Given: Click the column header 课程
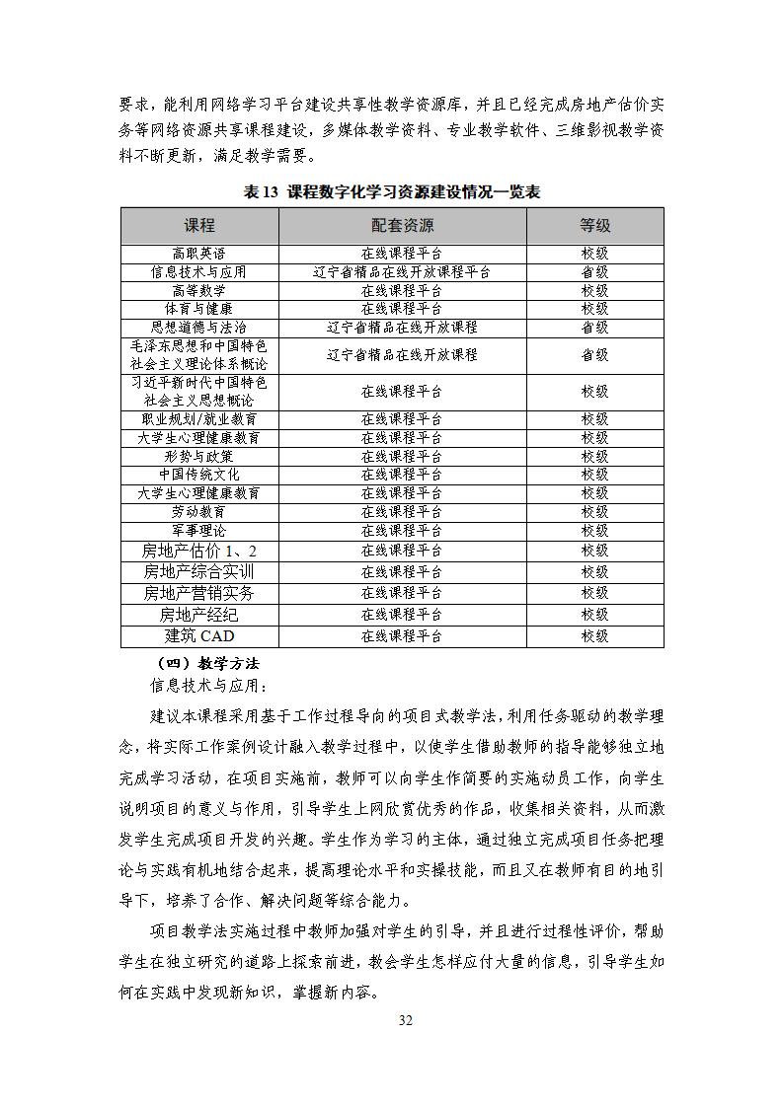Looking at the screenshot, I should [198, 226].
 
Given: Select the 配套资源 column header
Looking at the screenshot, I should [401, 226].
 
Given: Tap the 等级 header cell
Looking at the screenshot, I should [594, 226].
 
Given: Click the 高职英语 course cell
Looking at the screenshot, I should [198, 254].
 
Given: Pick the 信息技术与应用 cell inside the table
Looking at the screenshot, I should [198, 272].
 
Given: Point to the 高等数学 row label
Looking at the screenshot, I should [198, 291].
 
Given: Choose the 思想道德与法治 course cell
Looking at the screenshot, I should [198, 328].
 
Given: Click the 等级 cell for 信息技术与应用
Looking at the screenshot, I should [594, 272].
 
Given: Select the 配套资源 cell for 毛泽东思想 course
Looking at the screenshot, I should [401, 355].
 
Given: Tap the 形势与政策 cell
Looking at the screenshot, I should [198, 456].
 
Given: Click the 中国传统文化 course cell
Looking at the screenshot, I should [198, 475].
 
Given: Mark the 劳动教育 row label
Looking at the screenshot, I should [198, 512].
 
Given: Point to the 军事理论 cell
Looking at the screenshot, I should [198, 531].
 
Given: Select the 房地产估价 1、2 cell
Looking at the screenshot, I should [198, 551].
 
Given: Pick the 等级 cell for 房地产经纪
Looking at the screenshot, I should [594, 615].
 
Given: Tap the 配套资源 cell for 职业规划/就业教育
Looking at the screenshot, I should [401, 419].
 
